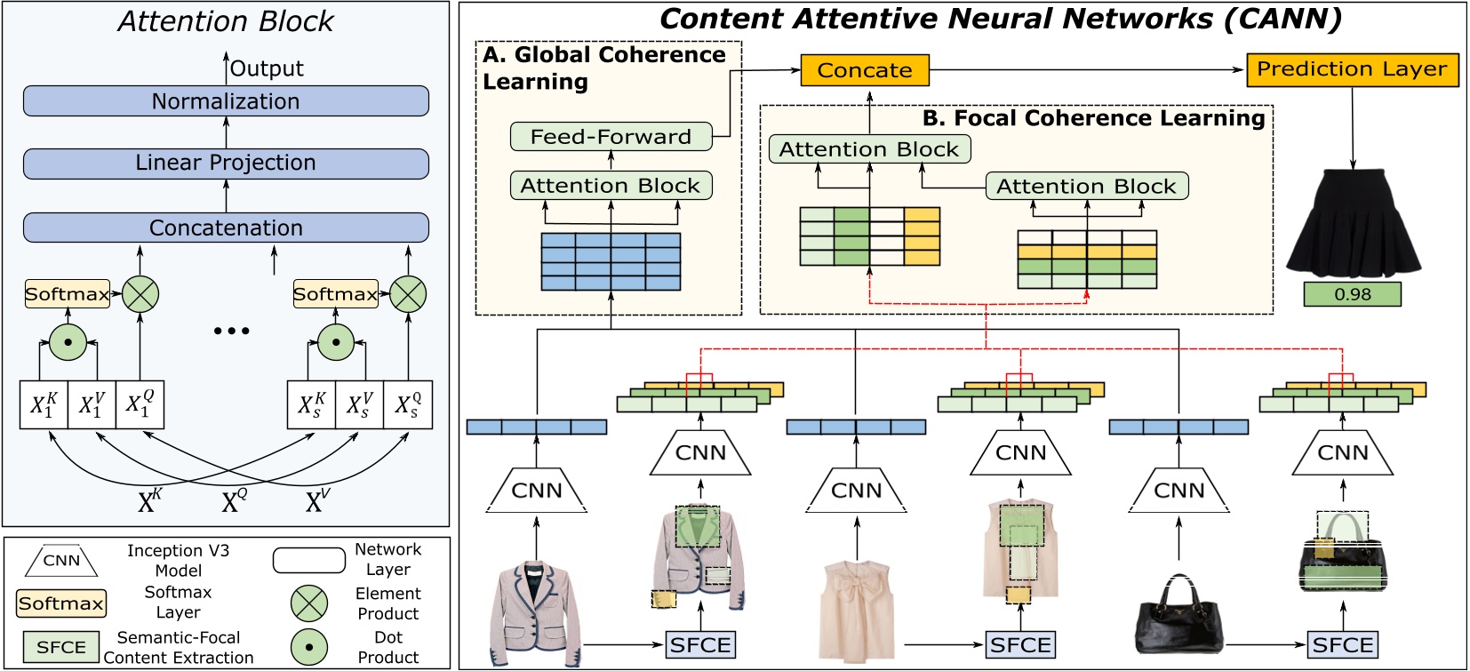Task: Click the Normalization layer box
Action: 226,101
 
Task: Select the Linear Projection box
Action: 226,164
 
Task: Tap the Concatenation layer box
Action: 226,228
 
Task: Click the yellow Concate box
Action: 865,70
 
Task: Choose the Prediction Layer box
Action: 1352,69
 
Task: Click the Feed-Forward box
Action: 611,137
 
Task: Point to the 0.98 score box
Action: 1352,294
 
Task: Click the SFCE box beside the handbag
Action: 1343,644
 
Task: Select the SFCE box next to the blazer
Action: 700,644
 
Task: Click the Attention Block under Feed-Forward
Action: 611,186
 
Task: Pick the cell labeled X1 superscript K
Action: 44,405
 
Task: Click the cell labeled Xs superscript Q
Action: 408,405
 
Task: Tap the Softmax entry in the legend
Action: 61,603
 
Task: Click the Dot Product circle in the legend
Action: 309,647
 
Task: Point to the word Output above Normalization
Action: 267,68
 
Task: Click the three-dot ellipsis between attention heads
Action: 232,331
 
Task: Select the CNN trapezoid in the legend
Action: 61,561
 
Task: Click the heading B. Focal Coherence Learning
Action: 1093,118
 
